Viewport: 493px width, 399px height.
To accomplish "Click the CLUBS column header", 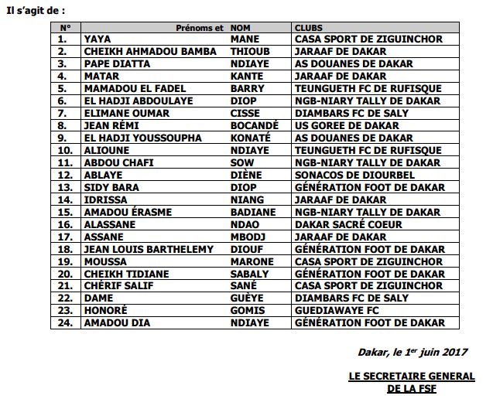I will [x=309, y=27].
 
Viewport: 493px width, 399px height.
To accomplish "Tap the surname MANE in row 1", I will [x=245, y=39].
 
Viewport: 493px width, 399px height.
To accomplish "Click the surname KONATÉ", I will [x=251, y=138].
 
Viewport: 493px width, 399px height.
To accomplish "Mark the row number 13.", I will [x=65, y=188].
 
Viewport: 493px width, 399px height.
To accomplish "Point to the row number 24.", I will [x=65, y=324].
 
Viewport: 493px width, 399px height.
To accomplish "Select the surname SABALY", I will [x=250, y=275].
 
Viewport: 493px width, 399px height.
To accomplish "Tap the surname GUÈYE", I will [x=248, y=299].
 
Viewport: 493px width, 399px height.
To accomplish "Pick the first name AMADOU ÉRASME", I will [x=128, y=213].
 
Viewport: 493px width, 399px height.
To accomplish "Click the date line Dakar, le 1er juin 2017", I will [x=413, y=353].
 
